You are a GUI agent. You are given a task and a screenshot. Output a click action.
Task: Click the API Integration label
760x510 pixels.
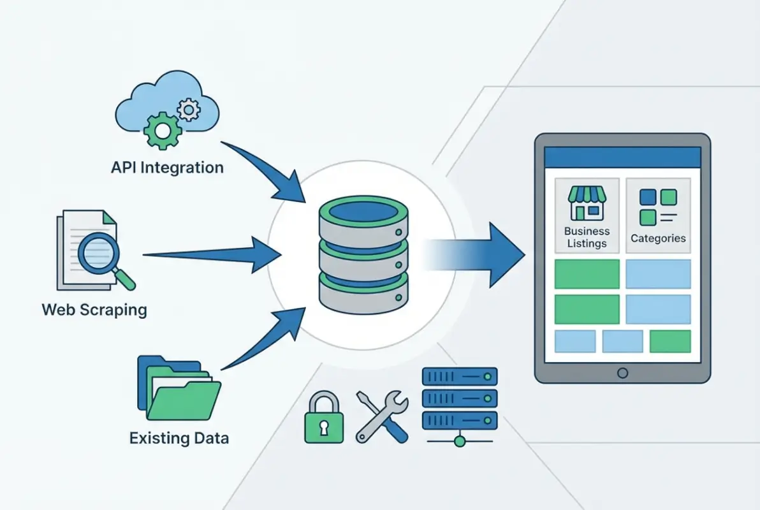click(x=167, y=168)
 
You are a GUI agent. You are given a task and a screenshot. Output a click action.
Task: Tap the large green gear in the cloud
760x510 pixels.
click(x=162, y=129)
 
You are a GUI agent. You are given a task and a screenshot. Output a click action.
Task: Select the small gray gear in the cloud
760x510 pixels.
click(x=188, y=110)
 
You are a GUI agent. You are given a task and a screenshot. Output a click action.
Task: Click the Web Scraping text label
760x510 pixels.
click(x=94, y=310)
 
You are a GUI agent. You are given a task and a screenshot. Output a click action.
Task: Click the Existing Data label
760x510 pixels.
click(x=179, y=438)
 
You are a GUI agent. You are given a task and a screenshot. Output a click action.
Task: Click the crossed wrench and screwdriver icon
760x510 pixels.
click(x=381, y=416)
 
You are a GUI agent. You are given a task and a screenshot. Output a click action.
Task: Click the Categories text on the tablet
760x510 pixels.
click(x=658, y=238)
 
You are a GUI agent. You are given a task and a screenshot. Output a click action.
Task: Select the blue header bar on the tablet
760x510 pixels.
click(x=622, y=157)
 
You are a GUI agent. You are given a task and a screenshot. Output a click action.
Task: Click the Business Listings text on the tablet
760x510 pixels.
click(x=587, y=237)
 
